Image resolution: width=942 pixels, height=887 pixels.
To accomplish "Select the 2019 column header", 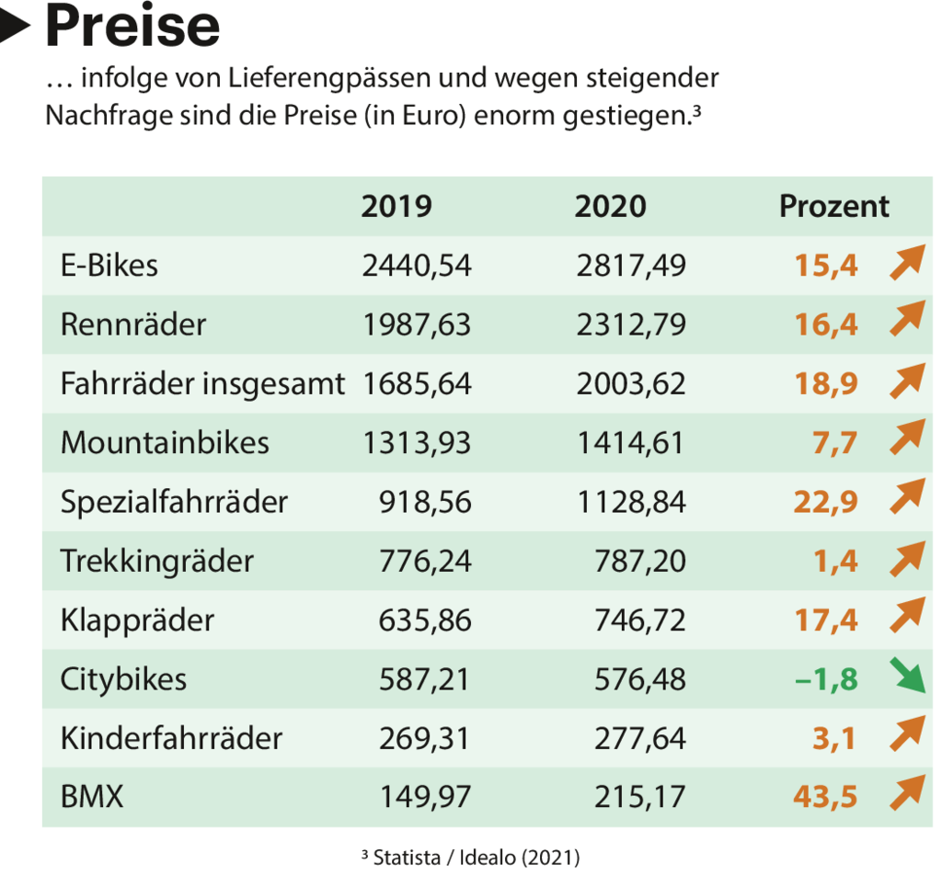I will [396, 206].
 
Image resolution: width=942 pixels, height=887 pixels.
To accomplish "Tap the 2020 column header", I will [610, 206].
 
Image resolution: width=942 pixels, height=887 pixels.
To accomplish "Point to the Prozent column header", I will [833, 206].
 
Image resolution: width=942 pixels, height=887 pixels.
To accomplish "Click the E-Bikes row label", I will [109, 266].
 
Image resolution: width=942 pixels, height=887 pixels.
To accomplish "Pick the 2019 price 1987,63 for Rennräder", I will [417, 324].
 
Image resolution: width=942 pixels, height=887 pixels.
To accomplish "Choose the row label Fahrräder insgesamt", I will [202, 383].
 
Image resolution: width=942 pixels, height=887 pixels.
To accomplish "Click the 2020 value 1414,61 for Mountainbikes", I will [630, 443].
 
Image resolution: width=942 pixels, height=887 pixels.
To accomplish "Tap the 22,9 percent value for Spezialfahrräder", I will [826, 502].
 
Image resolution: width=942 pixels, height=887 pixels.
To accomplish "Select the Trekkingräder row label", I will [156, 561].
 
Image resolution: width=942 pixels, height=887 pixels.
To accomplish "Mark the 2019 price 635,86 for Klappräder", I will [425, 620].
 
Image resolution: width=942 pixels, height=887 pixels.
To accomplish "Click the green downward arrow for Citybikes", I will [906, 678].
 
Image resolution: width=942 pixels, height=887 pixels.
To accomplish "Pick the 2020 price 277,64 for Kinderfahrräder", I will [639, 738].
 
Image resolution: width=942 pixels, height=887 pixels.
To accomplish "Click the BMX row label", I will [92, 796].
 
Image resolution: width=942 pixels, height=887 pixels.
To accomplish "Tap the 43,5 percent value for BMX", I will [825, 796].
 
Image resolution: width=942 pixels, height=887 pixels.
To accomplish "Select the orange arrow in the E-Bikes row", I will [906, 264].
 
